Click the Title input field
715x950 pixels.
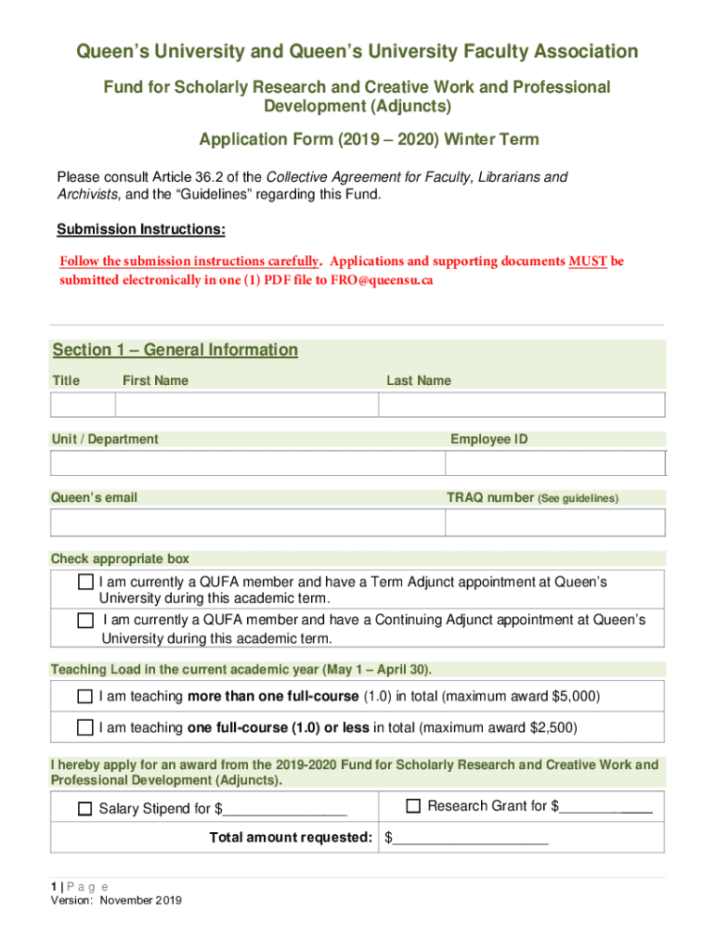tap(83, 405)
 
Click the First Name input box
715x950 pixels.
tap(246, 405)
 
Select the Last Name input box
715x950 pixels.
tap(522, 405)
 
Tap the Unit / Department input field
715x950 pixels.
tap(247, 464)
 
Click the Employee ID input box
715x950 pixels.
tap(555, 464)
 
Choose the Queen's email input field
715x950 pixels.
tap(247, 522)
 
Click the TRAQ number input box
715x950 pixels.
tap(555, 522)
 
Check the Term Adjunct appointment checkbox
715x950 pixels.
tap(85, 583)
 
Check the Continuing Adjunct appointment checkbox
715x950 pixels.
tap(85, 620)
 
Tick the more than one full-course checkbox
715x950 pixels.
tap(85, 697)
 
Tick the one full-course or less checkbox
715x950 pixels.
tap(85, 728)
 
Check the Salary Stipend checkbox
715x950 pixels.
tap(85, 809)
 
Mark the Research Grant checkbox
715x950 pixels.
tap(414, 806)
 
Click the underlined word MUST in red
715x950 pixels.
tap(588, 261)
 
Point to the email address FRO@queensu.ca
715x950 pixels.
tap(382, 280)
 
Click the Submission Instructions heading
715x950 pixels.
tap(141, 229)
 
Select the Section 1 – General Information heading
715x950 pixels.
tap(175, 350)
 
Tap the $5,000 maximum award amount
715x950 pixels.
tap(576, 697)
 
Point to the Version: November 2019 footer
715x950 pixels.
tap(116, 900)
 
